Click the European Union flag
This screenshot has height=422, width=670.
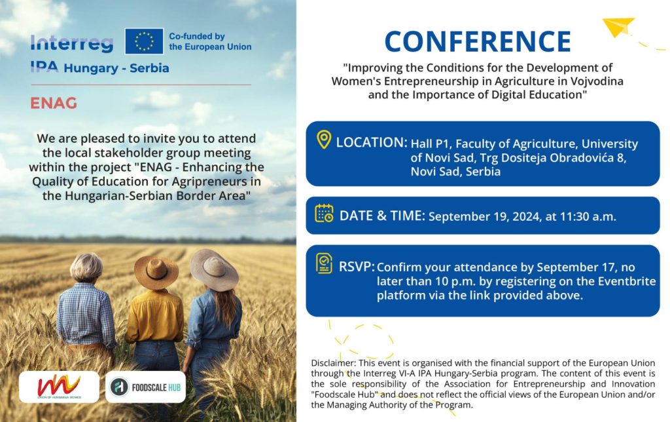(144, 41)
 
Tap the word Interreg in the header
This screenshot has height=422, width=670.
(72, 43)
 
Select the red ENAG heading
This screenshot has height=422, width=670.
(54, 103)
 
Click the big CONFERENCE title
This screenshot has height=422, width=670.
(478, 42)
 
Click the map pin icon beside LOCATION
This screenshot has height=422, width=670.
(323, 140)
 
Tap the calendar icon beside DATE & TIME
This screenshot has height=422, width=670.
(324, 214)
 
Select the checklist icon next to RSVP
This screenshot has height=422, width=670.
(324, 263)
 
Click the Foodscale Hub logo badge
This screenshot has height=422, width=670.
(145, 387)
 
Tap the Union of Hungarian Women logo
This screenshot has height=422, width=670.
(59, 387)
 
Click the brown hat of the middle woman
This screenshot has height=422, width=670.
(156, 271)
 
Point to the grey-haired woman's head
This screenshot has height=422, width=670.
(86, 267)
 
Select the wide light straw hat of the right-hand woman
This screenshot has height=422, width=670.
(213, 269)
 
